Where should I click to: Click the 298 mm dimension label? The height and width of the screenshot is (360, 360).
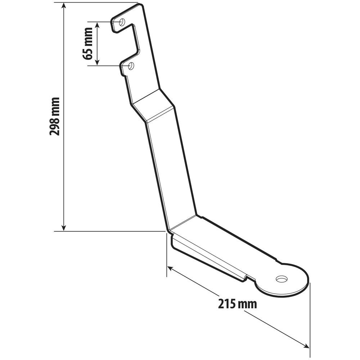pyautogui.click(x=54, y=116)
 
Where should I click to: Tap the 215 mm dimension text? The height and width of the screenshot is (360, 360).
pyautogui.click(x=237, y=303)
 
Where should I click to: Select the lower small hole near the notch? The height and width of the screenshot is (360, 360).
pyautogui.click(x=131, y=66)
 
